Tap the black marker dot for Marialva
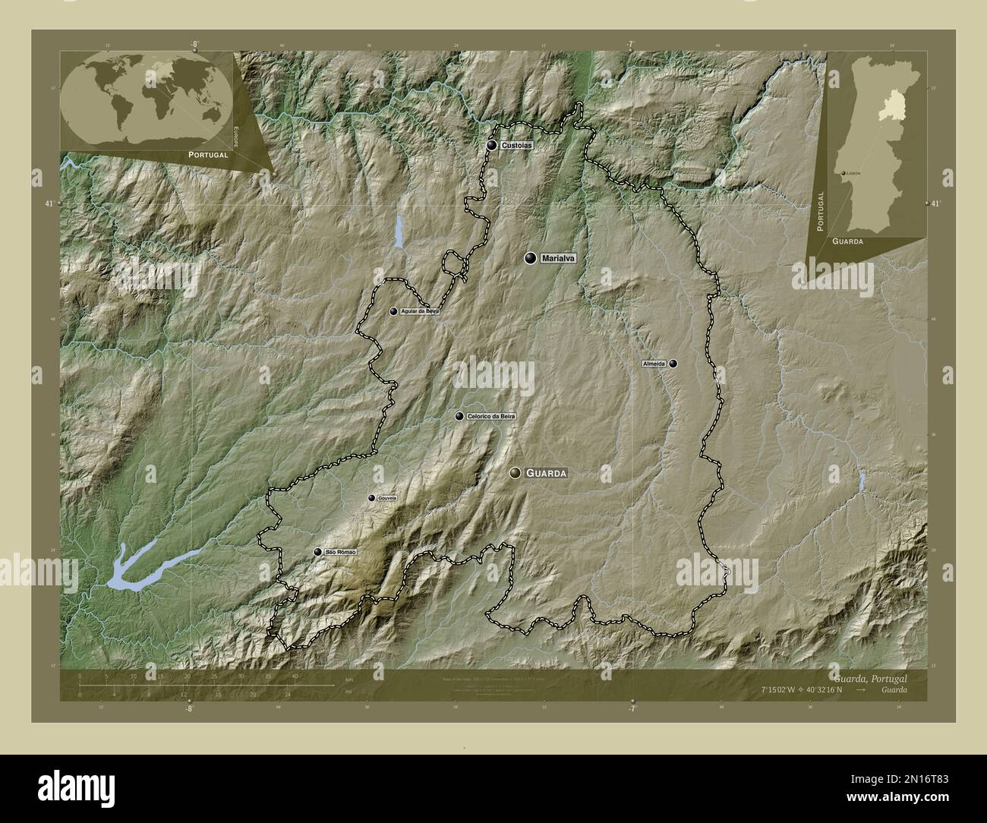[x=530, y=258]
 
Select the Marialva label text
[x=559, y=259]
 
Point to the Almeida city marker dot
[x=673, y=364]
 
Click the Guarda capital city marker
[x=516, y=473]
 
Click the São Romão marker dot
[x=317, y=552]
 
